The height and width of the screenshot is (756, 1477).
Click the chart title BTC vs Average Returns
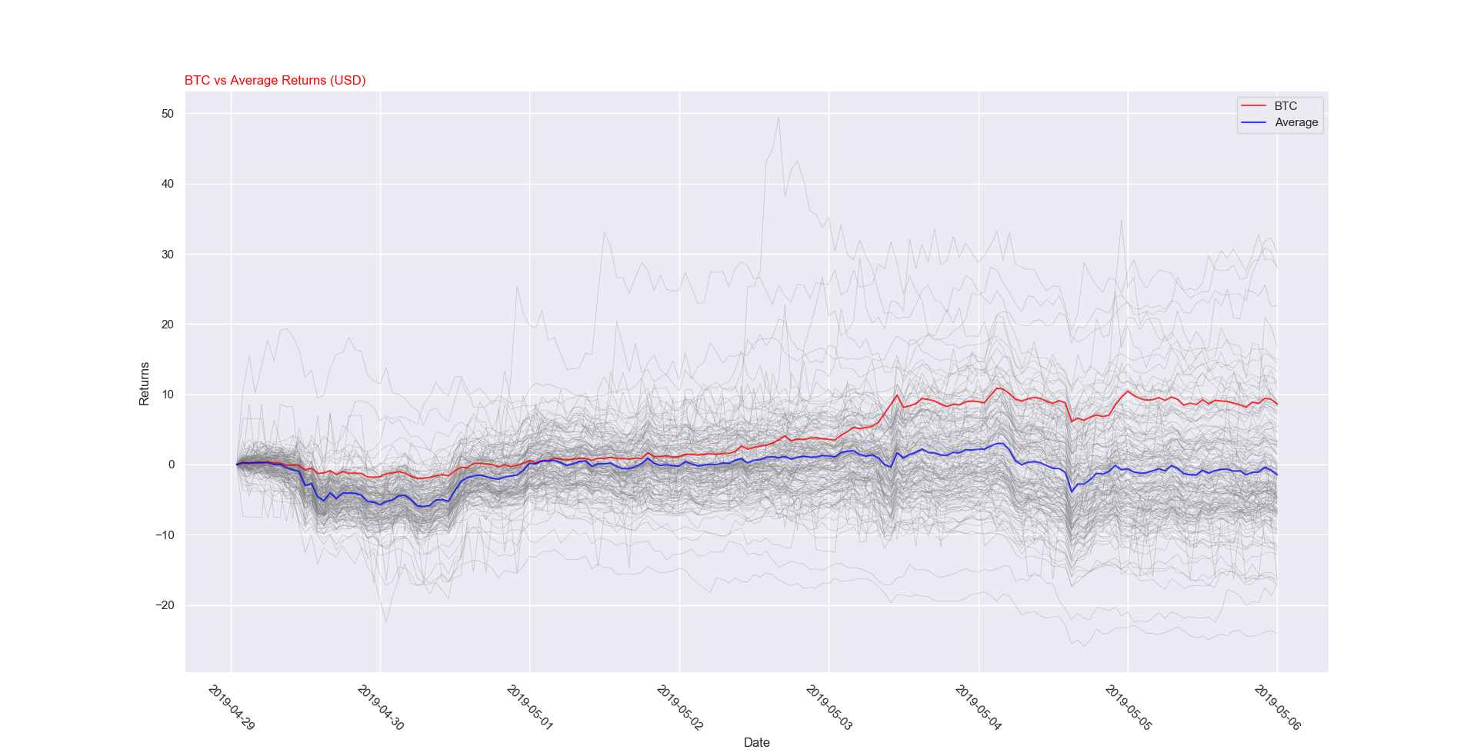(x=275, y=81)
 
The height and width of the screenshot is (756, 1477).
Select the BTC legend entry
(x=1285, y=106)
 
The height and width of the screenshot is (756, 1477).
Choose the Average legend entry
(x=1296, y=122)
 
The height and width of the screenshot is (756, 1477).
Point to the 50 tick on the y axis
(x=168, y=114)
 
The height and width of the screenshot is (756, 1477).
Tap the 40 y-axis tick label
(x=168, y=184)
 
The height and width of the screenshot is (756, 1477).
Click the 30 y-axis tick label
(x=168, y=255)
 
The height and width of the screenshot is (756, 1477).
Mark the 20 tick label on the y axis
(x=168, y=325)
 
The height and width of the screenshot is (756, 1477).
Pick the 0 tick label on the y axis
(x=172, y=465)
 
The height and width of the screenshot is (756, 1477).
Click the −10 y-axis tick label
(x=165, y=535)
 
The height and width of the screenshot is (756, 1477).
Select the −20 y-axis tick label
(x=165, y=605)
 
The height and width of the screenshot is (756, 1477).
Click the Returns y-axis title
(x=144, y=384)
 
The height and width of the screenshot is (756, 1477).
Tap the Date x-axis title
(x=756, y=743)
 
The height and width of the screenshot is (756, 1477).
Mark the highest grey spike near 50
(x=779, y=118)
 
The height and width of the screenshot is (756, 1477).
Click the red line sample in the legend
(x=1253, y=106)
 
